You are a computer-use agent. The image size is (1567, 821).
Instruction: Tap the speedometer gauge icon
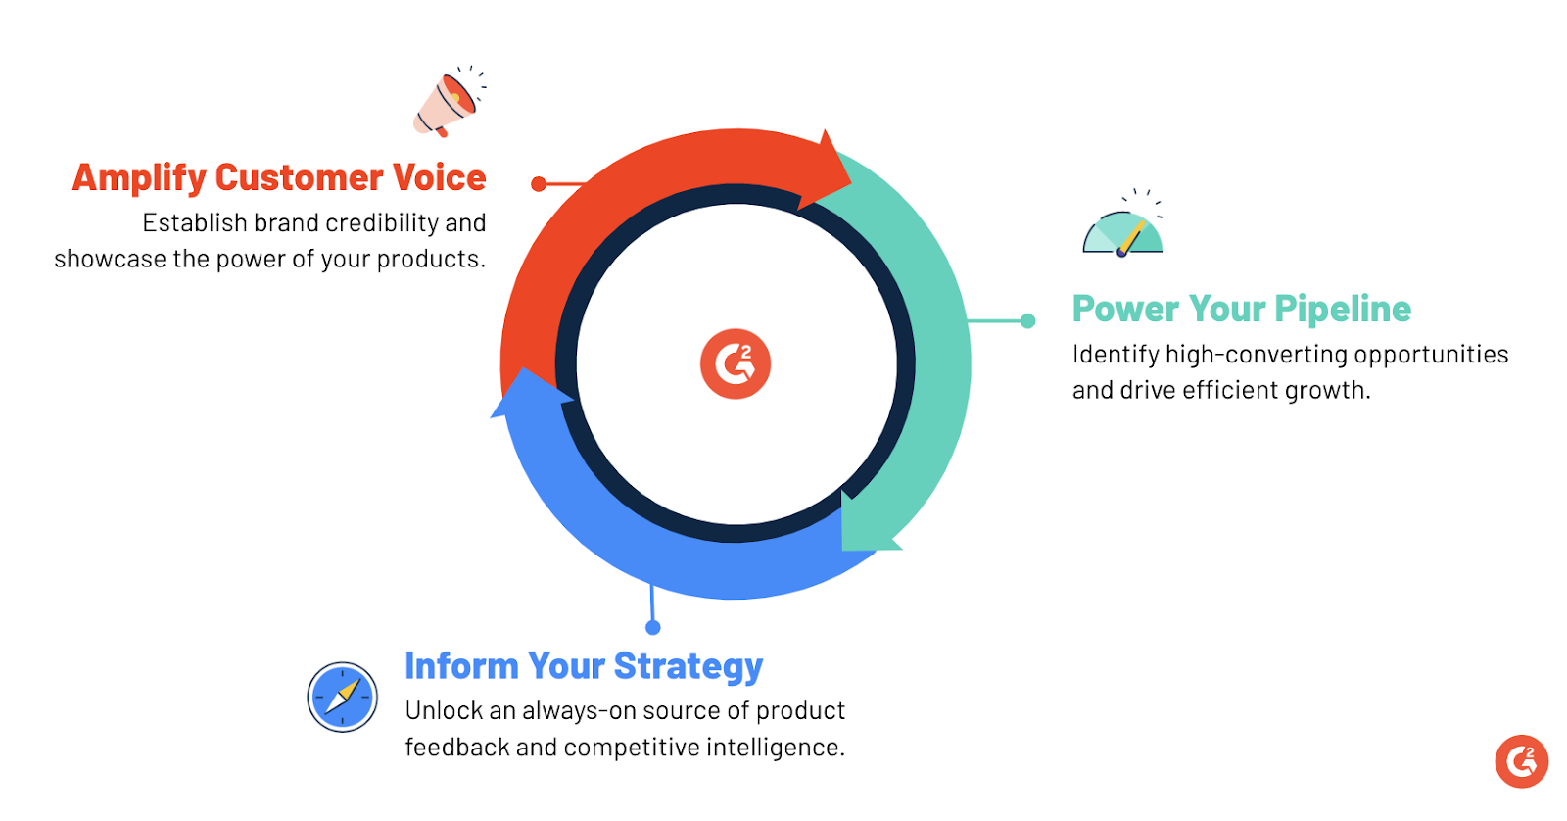[x=1122, y=224]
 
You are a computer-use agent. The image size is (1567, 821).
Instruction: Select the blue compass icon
[x=342, y=698]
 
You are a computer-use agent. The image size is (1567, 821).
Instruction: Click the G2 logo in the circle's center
[x=736, y=363]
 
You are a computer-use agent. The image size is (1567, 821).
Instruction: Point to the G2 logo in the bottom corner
[x=1522, y=761]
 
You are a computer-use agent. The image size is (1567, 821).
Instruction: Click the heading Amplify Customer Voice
[x=279, y=177]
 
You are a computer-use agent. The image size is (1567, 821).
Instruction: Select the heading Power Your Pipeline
[x=1242, y=309]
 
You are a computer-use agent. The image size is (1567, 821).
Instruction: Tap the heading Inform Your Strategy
[x=584, y=666]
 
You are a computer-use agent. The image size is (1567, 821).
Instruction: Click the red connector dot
[x=538, y=184]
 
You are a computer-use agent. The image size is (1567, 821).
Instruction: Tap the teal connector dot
[x=1027, y=321]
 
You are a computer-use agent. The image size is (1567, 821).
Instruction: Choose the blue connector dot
[x=652, y=627]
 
